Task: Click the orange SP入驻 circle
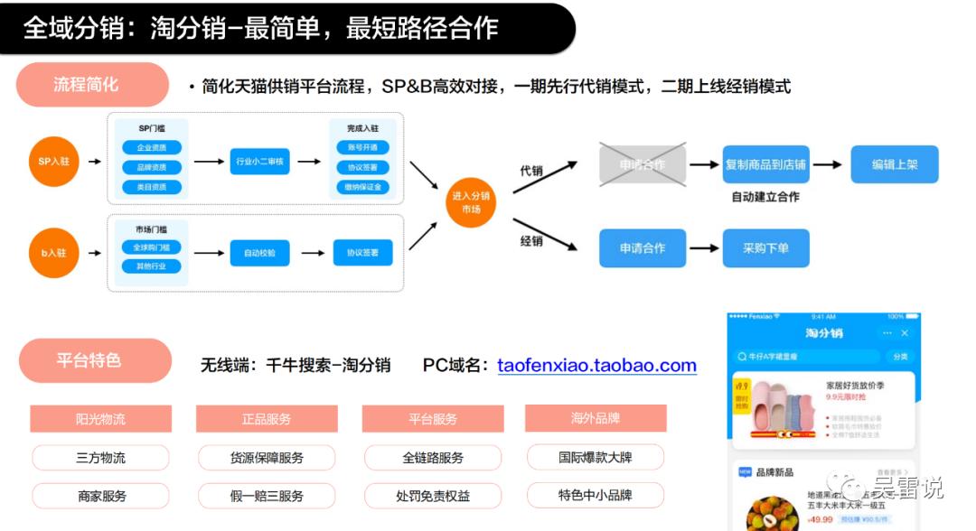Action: tap(53, 162)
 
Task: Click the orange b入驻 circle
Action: tap(53, 253)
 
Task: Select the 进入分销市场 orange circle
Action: tap(471, 202)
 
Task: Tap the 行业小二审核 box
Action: tap(259, 162)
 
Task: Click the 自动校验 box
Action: tap(259, 254)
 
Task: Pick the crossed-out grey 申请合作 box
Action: tap(643, 165)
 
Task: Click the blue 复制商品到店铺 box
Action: tap(765, 164)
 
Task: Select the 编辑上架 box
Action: tap(894, 164)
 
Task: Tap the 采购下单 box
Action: tap(765, 247)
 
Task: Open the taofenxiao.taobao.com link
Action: tap(596, 366)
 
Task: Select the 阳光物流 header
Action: tap(100, 418)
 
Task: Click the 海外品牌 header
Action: tap(596, 418)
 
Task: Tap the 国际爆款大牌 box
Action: tap(595, 457)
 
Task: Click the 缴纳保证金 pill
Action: tap(363, 187)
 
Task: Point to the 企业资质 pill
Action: tap(151, 147)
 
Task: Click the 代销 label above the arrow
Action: tap(530, 170)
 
